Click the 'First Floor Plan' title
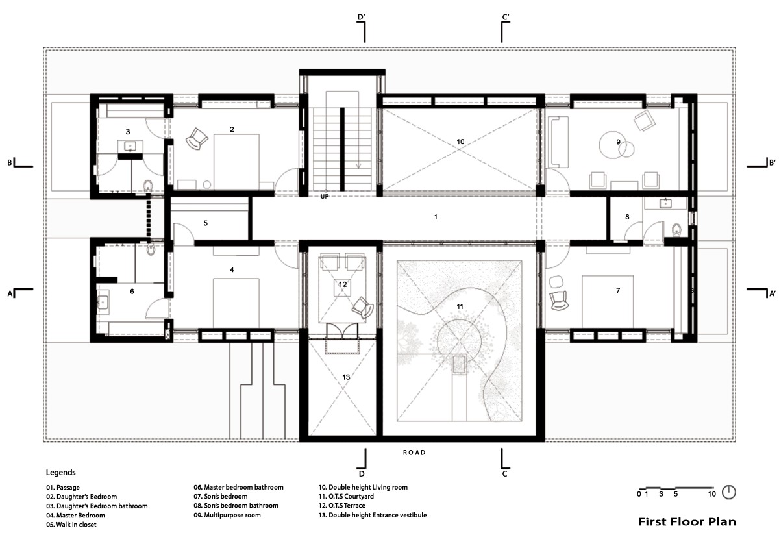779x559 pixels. point(687,522)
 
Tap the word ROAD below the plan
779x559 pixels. point(414,453)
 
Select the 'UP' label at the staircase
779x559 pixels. point(325,197)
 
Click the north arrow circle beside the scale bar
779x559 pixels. point(729,492)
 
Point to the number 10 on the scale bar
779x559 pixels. point(711,494)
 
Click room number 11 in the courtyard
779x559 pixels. point(460,306)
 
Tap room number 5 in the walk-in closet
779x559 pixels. point(206,223)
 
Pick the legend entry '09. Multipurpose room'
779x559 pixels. point(227,515)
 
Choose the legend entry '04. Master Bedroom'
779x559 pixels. point(75,515)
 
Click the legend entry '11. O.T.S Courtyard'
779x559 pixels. point(346,497)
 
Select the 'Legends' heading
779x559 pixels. point(60,473)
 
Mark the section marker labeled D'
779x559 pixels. point(362,17)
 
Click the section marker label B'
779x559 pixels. point(772,162)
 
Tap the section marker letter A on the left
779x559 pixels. point(10,294)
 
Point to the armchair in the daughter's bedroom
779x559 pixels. point(197,139)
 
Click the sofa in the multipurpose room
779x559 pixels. point(558,142)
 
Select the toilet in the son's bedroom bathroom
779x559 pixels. point(676,230)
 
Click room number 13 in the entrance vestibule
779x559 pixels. point(345,377)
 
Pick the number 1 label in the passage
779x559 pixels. point(436,217)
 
